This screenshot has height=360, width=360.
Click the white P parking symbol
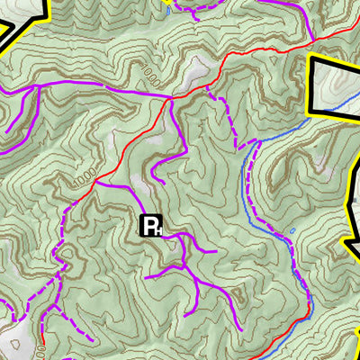150,226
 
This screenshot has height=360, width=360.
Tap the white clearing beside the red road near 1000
200,72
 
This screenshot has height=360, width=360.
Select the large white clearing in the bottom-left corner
16,342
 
